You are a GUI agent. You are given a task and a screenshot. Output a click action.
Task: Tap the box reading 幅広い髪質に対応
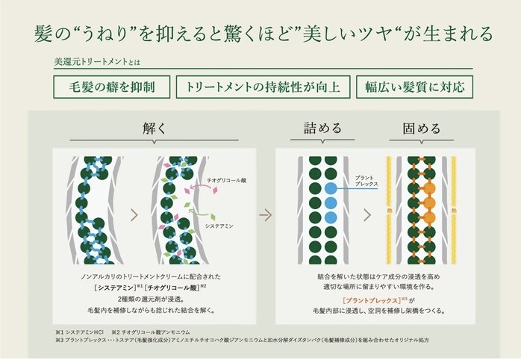click(x=414, y=87)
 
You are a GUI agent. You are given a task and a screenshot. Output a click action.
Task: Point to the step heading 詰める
click(x=322, y=128)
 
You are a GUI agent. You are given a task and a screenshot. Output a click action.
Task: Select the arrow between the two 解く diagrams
click(x=134, y=215)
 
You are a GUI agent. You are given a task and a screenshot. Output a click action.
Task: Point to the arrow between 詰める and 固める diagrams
click(x=368, y=215)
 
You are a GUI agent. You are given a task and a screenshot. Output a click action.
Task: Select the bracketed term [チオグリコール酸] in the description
click(x=172, y=287)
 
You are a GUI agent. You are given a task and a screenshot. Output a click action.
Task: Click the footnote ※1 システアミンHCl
click(x=80, y=332)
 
